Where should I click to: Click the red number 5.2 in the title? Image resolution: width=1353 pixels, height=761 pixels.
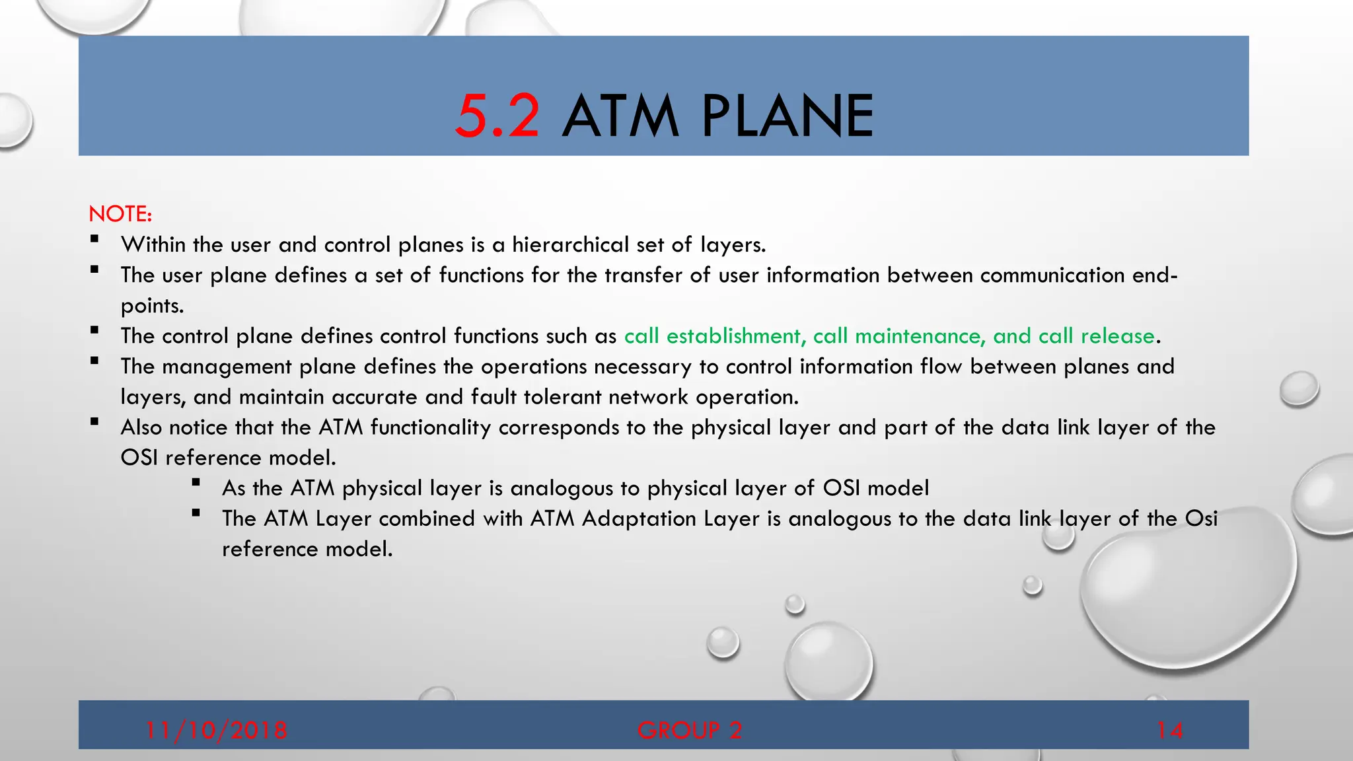[x=497, y=116]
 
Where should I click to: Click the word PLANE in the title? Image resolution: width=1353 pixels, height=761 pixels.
[x=787, y=116]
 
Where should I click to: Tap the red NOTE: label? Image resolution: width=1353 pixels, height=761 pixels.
[x=120, y=214]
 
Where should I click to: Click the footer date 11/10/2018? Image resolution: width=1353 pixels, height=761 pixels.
[x=216, y=730]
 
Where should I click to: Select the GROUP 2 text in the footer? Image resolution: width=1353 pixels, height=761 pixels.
[x=690, y=730]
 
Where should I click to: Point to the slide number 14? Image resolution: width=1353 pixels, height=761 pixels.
[x=1169, y=730]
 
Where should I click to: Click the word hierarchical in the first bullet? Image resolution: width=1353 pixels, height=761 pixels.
[x=570, y=245]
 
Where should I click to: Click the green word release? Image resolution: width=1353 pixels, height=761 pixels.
[x=1117, y=336]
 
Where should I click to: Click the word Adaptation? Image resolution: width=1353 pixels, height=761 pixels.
[x=639, y=519]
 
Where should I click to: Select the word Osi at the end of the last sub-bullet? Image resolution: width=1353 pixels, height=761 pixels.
[x=1201, y=519]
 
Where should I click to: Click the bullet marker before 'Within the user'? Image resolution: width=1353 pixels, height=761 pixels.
[x=94, y=239]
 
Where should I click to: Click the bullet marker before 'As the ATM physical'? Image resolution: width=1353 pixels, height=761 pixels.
[x=196, y=482]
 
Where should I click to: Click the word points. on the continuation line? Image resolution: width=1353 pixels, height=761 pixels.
[x=152, y=306]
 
